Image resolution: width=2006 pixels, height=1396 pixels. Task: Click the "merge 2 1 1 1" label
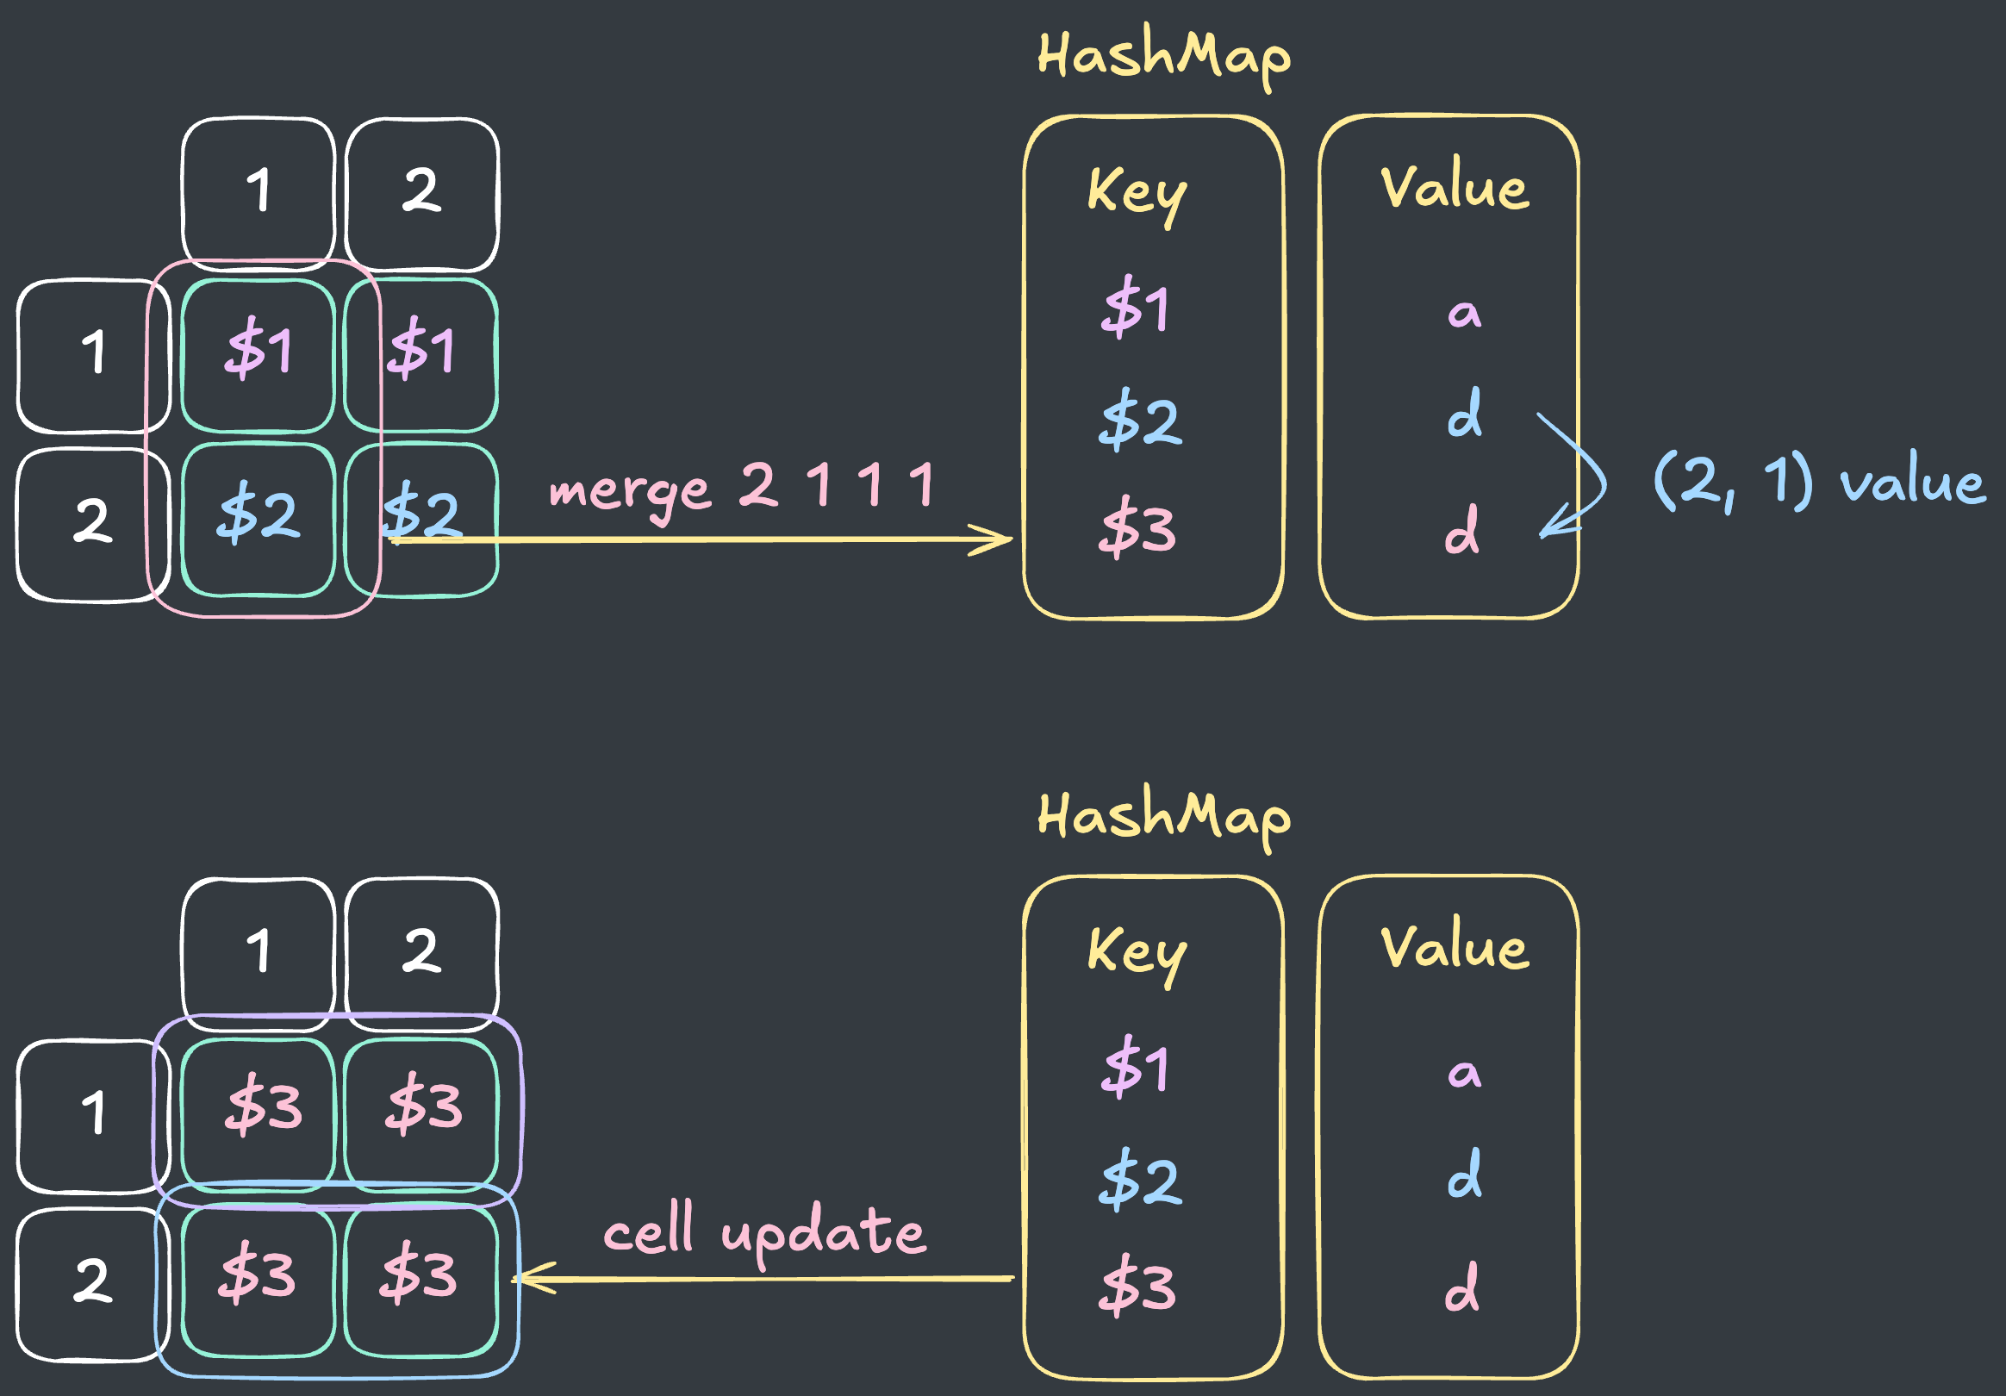pos(742,489)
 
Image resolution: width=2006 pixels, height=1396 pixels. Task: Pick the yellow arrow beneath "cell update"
pos(763,1279)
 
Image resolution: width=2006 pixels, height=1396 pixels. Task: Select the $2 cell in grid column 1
pos(259,520)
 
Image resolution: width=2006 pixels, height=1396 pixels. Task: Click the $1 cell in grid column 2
pos(421,355)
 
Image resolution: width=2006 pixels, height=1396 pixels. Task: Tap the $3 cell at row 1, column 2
pos(421,1115)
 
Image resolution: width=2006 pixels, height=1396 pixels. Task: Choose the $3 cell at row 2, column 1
pos(259,1281)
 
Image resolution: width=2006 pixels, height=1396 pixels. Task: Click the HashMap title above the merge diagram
pos(1163,57)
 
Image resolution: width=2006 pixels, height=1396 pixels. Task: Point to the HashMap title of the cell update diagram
pos(1163,817)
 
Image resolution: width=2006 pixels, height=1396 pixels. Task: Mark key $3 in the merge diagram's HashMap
pos(1137,527)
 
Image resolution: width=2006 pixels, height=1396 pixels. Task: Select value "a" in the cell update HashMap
pos(1465,1074)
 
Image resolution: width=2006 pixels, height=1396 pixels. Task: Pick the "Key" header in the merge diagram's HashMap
pos(1137,194)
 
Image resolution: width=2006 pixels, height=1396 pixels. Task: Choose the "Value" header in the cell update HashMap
pos(1455,947)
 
